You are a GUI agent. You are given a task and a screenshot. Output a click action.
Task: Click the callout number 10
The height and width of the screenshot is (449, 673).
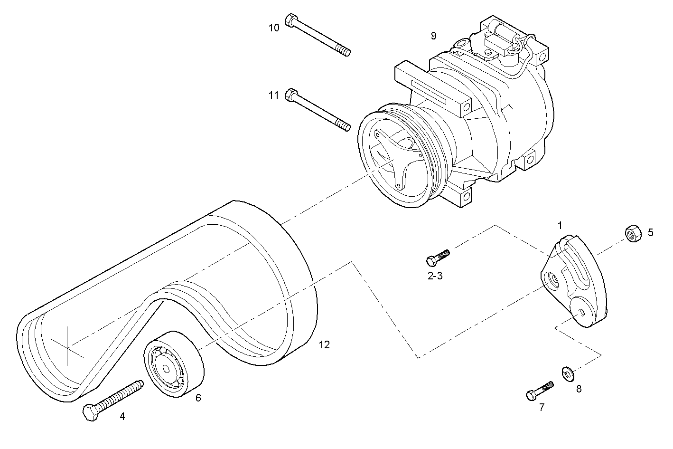click(x=274, y=28)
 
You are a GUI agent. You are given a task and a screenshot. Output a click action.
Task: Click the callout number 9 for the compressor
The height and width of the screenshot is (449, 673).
click(x=433, y=36)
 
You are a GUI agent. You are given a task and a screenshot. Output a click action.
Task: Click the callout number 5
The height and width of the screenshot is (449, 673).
click(x=650, y=232)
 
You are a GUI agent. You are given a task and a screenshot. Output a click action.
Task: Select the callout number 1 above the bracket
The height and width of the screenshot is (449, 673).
click(x=560, y=224)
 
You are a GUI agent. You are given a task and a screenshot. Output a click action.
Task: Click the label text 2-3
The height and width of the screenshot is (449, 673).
click(x=435, y=276)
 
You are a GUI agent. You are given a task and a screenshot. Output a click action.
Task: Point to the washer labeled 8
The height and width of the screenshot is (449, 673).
click(x=567, y=373)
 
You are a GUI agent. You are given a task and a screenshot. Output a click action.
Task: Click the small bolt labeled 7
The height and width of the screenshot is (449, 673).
click(x=540, y=391)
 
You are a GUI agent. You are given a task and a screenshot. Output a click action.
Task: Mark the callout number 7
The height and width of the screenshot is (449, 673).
click(x=542, y=407)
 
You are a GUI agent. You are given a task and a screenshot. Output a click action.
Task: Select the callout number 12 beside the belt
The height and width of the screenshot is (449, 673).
click(x=324, y=344)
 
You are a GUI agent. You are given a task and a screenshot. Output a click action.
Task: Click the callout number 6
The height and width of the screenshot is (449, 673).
click(x=198, y=398)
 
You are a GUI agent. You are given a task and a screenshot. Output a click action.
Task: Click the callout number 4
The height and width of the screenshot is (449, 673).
click(x=122, y=417)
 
